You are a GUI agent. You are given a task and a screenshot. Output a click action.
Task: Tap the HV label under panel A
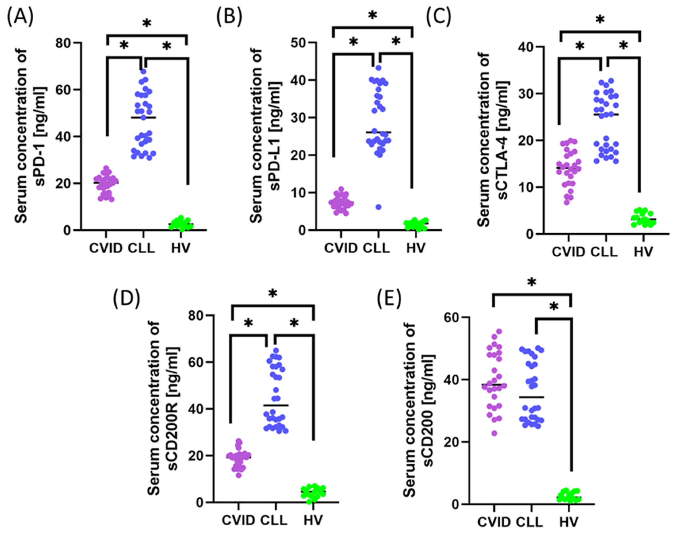click(181, 248)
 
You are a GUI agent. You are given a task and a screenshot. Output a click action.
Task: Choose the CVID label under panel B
click(341, 248)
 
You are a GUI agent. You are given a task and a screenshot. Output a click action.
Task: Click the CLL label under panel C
click(604, 252)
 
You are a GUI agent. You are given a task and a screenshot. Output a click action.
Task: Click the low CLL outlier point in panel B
click(379, 207)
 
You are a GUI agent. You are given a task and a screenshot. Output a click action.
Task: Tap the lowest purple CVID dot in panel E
click(495, 433)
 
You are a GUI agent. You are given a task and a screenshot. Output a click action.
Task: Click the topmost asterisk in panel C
click(600, 19)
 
